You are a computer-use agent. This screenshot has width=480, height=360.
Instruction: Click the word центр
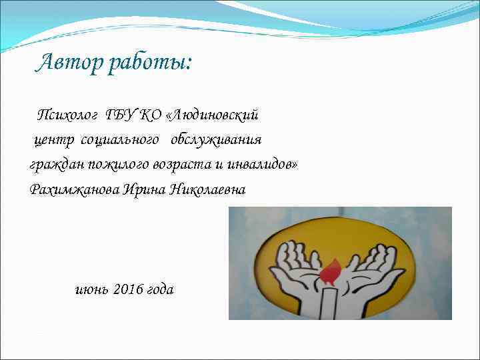click(x=55, y=140)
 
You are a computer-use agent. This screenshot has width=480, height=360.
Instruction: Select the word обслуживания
click(x=216, y=140)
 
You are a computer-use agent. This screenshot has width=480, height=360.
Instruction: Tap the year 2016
click(x=129, y=289)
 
